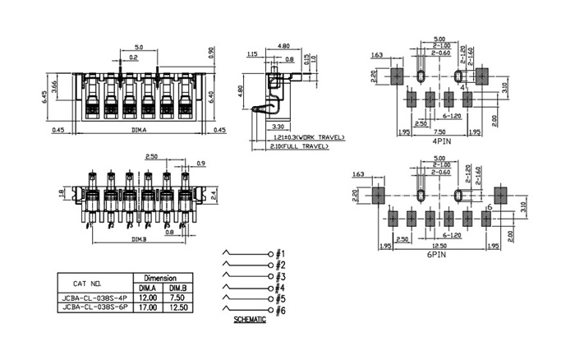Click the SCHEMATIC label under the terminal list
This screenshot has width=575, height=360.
point(250,319)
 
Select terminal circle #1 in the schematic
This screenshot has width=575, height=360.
point(270,253)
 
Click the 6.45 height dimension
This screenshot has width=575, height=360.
point(44,95)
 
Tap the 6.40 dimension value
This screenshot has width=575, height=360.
point(211,95)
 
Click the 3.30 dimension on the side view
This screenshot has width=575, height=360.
point(277,127)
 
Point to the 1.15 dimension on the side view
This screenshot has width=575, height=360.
point(253,54)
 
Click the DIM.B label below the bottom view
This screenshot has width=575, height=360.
point(139,240)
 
